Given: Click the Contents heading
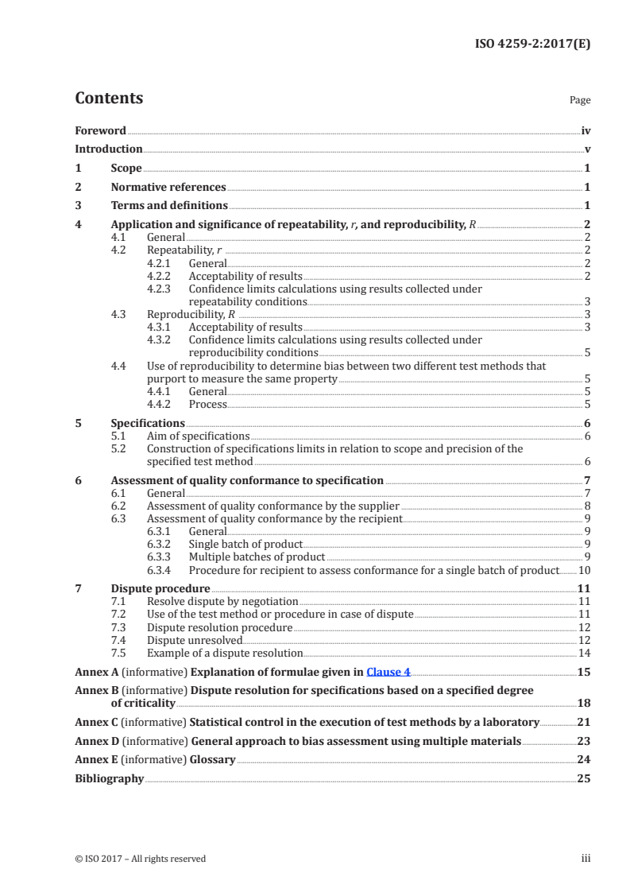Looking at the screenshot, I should [109, 99].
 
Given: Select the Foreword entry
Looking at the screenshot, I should [100, 130].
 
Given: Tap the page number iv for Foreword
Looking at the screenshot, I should [586, 130].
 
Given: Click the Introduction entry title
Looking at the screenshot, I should [108, 149].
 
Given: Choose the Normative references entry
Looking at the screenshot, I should [168, 188].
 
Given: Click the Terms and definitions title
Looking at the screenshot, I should [169, 206].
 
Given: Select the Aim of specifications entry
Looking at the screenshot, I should [198, 436].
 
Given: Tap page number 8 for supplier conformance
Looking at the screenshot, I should [586, 506].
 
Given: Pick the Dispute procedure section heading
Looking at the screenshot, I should [160, 588].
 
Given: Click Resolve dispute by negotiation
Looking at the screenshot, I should [222, 602].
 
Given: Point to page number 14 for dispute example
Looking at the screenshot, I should [584, 653].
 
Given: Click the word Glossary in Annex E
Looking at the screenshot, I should [213, 759].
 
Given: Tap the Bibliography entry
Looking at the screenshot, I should [109, 778].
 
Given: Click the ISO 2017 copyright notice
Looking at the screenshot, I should [140, 859].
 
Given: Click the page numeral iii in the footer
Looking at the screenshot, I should [586, 859].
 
